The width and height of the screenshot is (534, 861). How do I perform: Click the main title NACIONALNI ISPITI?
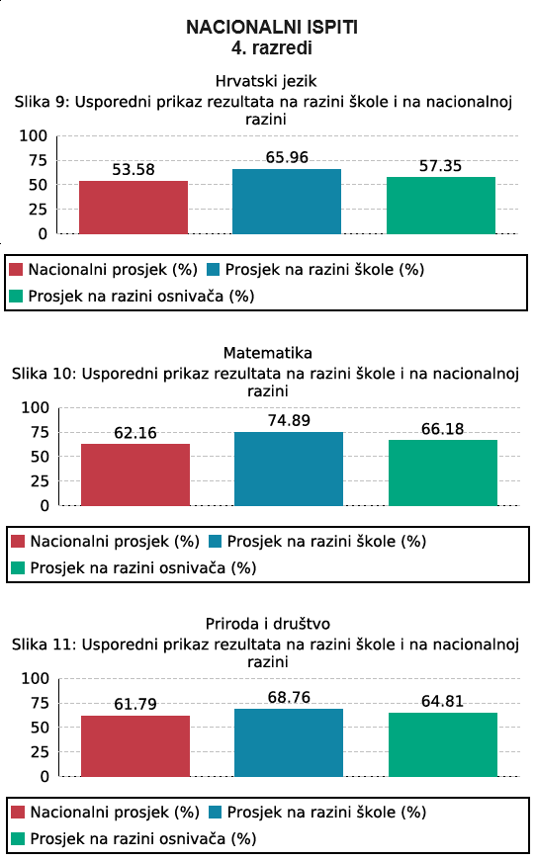272,27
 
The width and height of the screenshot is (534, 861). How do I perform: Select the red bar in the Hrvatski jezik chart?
133,207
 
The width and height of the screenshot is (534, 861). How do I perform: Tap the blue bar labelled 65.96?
287,201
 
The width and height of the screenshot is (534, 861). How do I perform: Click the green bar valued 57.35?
441,206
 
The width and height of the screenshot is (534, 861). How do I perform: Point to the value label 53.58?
133,170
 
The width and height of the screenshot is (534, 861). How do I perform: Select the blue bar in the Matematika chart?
289,469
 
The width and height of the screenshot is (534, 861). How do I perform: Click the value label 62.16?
135,433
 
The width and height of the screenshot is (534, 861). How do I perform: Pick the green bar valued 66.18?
443,473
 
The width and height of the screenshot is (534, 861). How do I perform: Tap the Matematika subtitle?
268,353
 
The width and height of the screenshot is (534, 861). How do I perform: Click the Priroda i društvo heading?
268,624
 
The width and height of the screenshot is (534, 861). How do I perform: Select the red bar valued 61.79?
135,745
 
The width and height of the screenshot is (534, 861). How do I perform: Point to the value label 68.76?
289,697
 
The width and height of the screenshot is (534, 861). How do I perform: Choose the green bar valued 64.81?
443,744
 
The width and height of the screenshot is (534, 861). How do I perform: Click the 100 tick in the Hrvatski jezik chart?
34,135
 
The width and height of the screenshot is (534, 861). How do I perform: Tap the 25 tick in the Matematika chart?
40,481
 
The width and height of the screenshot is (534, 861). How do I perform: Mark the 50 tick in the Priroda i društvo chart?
40,728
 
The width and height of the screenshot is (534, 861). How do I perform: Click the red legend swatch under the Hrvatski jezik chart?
16,270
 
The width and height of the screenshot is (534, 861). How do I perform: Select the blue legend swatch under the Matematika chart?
216,542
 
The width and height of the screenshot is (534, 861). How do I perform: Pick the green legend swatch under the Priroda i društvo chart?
18,839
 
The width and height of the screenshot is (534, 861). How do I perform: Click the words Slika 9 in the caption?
42,102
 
